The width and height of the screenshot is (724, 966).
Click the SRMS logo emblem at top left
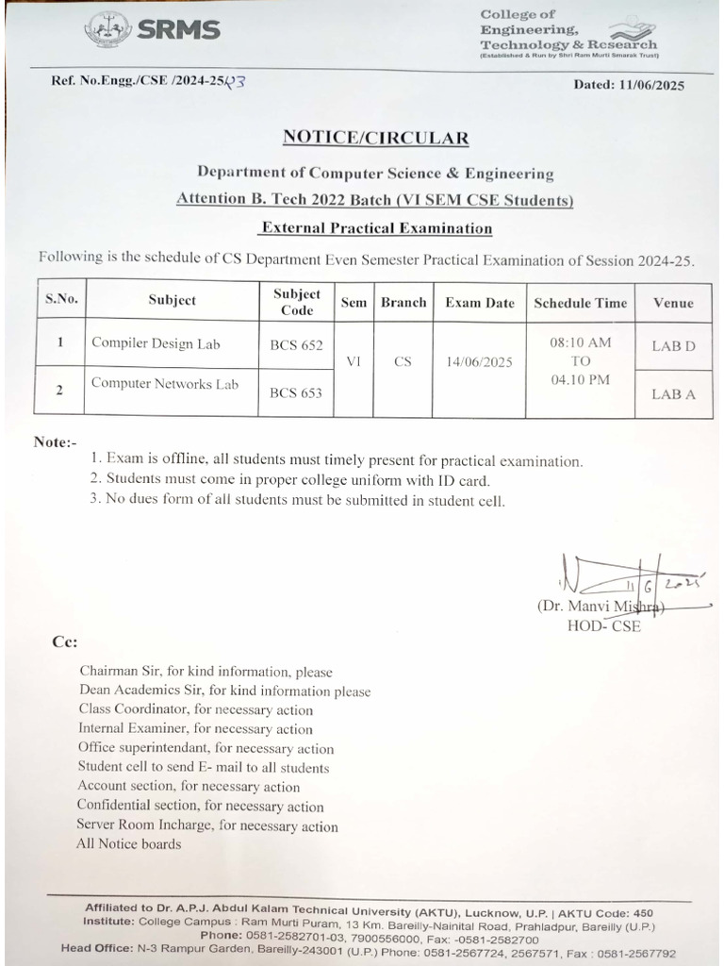pos(108,29)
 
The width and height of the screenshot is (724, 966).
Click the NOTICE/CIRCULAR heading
pos(375,138)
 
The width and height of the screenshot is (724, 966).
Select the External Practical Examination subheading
pos(376,227)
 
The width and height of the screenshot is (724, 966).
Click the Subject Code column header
pos(297,302)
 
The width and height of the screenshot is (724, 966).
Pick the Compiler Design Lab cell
pos(156,343)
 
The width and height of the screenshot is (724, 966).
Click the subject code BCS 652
pos(296,345)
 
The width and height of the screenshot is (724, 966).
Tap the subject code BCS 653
pos(296,393)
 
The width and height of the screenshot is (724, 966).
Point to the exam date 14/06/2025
pos(480,361)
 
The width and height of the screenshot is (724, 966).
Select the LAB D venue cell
pos(673,346)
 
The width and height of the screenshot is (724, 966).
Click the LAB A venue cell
pos(673,394)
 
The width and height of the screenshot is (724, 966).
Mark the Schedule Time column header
pos(580,303)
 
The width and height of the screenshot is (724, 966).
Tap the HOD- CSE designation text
pos(603,625)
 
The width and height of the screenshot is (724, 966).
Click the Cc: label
pos(64,642)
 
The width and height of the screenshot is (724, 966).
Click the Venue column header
pos(672,303)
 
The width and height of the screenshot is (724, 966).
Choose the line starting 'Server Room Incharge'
pos(207,825)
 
